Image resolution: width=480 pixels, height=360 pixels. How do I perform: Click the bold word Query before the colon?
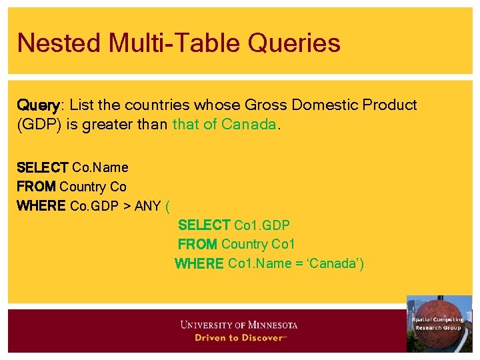coord(39,105)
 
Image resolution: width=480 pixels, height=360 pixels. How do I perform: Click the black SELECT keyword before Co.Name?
coord(42,167)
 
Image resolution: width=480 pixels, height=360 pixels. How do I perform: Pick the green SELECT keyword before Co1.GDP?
coord(204,225)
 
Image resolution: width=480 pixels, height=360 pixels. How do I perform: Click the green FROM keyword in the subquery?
coord(197,245)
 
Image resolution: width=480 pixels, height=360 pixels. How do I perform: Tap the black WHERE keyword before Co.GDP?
coord(41,206)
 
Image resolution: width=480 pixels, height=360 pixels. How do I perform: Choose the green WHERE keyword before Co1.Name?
coord(199,264)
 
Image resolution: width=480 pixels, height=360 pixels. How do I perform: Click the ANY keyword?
coord(147,206)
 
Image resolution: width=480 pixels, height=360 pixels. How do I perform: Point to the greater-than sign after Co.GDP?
coord(127,206)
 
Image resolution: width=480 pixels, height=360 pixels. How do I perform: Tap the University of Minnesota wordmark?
coord(239,325)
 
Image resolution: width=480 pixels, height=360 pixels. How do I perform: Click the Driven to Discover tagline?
coord(239,338)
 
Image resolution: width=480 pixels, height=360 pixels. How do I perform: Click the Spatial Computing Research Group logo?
coord(438,323)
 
